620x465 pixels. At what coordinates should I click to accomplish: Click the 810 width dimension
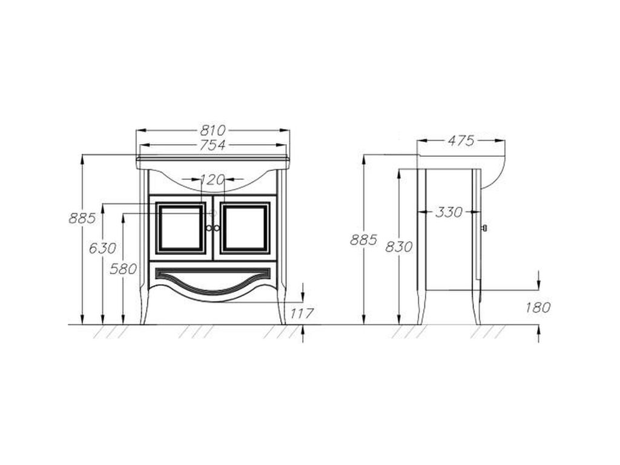pyautogui.click(x=213, y=130)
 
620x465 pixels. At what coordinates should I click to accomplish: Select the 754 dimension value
pyautogui.click(x=213, y=145)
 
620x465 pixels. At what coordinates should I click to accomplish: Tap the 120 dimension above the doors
pyautogui.click(x=213, y=180)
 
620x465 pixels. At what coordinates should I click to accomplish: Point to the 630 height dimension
pyautogui.click(x=103, y=248)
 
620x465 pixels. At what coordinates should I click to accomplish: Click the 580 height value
pyautogui.click(x=124, y=269)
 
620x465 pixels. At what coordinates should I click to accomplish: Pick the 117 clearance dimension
pyautogui.click(x=302, y=314)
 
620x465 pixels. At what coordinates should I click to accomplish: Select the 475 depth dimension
pyautogui.click(x=461, y=140)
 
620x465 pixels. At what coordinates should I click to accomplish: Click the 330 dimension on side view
pyautogui.click(x=449, y=213)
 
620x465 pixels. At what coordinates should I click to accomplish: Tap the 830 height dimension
pyautogui.click(x=399, y=247)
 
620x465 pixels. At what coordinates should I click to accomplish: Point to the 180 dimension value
pyautogui.click(x=538, y=307)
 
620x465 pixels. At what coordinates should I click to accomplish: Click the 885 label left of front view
pyautogui.click(x=82, y=218)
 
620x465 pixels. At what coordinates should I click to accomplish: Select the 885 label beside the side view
pyautogui.click(x=364, y=240)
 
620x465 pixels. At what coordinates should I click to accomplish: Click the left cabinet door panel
pyautogui.click(x=180, y=228)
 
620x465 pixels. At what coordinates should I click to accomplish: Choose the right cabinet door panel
pyautogui.click(x=245, y=228)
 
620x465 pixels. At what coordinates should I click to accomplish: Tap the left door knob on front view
pyautogui.click(x=209, y=228)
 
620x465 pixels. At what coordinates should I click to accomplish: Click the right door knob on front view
pyautogui.click(x=217, y=228)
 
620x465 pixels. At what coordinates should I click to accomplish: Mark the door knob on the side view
pyautogui.click(x=484, y=228)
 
